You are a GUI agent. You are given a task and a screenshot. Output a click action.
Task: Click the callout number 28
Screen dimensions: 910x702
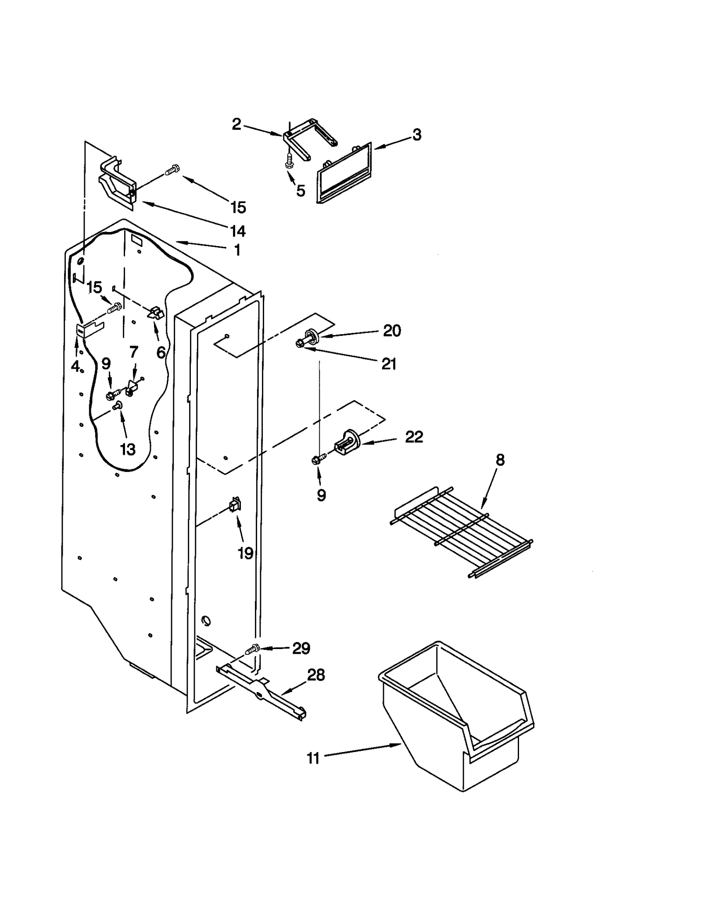(x=316, y=675)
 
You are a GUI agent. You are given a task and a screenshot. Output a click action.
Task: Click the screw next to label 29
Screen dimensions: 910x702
(x=252, y=649)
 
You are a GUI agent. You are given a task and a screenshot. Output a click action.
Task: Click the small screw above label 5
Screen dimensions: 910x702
(x=289, y=161)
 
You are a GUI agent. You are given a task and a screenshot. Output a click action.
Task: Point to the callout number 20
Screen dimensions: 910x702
(x=392, y=331)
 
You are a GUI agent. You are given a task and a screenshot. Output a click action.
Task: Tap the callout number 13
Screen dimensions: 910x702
(x=128, y=449)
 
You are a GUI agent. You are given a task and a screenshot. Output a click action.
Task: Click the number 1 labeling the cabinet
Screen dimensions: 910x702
(x=237, y=250)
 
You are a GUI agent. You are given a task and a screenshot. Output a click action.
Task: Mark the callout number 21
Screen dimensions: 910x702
(x=389, y=364)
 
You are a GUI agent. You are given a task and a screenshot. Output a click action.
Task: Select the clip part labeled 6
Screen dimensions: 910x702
(x=155, y=313)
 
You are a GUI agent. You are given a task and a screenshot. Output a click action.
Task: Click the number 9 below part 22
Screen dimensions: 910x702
(x=321, y=495)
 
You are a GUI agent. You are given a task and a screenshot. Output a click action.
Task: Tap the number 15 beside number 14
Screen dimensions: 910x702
(x=238, y=207)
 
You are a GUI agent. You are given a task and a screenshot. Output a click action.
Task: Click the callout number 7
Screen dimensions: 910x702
(x=134, y=351)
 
